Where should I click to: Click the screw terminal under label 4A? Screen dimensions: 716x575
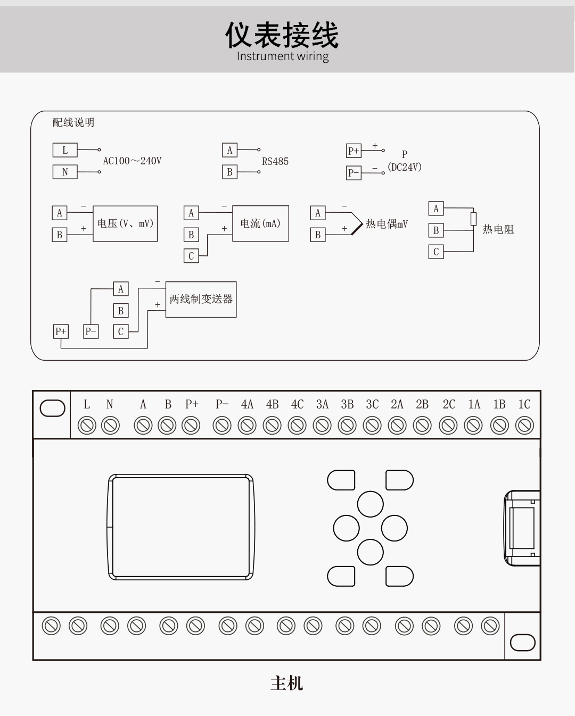[247, 426]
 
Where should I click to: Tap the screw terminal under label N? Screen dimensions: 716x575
[110, 426]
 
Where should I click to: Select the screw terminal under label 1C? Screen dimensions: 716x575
[525, 426]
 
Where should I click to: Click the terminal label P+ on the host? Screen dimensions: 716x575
[192, 404]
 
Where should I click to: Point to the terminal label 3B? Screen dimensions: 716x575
[347, 404]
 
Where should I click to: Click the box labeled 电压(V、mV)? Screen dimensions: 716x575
[125, 223]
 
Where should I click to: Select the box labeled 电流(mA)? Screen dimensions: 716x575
[260, 223]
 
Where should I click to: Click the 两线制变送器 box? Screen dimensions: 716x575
[201, 299]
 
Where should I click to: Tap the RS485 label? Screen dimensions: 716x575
[275, 161]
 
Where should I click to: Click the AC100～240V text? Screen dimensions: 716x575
[132, 161]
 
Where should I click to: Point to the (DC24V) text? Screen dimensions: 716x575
[405, 167]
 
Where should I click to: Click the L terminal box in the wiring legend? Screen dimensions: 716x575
[65, 150]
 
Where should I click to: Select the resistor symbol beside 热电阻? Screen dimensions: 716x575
[473, 219]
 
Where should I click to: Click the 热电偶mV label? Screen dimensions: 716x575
[387, 224]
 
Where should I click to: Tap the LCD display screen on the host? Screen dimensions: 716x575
[181, 527]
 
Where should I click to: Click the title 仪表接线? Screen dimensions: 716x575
[282, 35]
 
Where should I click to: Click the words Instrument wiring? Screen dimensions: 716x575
[282, 56]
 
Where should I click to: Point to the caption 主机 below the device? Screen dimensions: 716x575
[286, 683]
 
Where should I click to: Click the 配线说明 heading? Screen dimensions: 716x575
[73, 122]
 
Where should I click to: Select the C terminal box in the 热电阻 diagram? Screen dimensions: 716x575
[436, 252]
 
